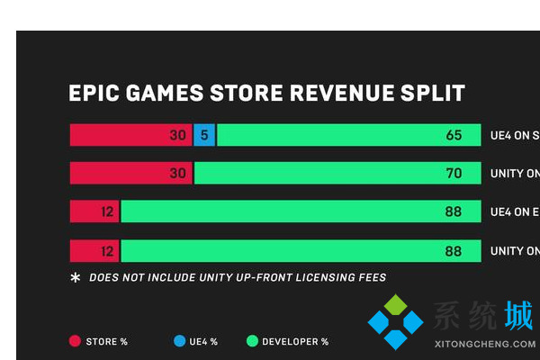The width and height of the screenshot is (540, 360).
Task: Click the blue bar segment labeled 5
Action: (x=204, y=135)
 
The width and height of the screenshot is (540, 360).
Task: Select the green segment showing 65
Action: (x=348, y=135)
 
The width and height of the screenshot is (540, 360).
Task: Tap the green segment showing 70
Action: (x=337, y=173)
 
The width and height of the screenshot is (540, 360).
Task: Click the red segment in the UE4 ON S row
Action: (x=130, y=135)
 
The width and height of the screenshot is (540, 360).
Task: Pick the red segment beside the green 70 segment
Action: (x=130, y=173)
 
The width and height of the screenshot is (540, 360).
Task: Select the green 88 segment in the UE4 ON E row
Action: (x=301, y=211)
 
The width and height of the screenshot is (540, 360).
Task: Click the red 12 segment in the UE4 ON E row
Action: (x=94, y=211)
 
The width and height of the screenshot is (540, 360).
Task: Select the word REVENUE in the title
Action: (x=339, y=94)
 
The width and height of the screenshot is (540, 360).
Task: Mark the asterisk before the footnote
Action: (x=76, y=277)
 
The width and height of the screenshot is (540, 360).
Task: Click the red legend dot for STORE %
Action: (x=75, y=341)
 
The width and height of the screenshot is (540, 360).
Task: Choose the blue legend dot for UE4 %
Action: (x=180, y=341)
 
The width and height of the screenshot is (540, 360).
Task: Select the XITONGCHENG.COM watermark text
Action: (x=484, y=344)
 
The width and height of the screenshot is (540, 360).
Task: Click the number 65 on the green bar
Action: (x=453, y=135)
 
